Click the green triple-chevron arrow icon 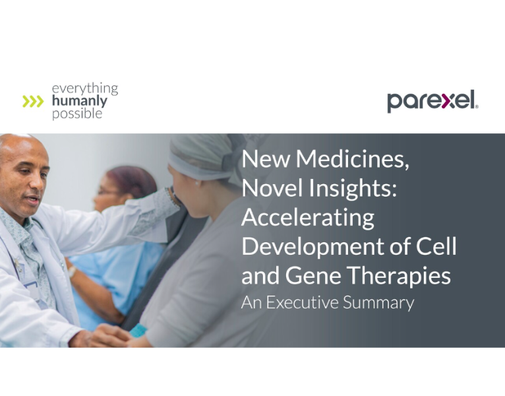[33, 101]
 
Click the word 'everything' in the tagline [85, 88]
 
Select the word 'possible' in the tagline [77, 114]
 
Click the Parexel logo [432, 101]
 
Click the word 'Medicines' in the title [357, 159]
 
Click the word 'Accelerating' [308, 218]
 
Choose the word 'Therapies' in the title [402, 276]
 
